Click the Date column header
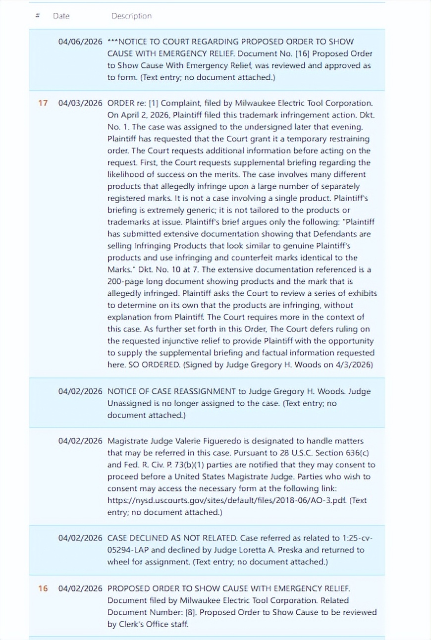[61, 16]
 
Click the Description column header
[131, 16]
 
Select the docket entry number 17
[43, 103]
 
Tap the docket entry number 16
[43, 588]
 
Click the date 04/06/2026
[80, 42]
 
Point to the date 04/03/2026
[80, 103]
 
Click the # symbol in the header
[38, 16]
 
